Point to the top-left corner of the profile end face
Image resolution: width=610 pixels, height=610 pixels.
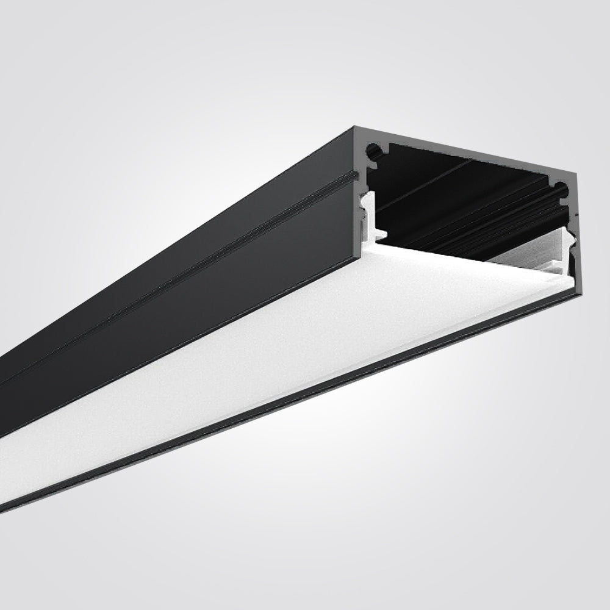(356, 128)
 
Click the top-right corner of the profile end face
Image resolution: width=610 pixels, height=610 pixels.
(577, 173)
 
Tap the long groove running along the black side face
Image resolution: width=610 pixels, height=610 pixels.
(183, 268)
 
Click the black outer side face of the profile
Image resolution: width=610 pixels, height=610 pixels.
(183, 305)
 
